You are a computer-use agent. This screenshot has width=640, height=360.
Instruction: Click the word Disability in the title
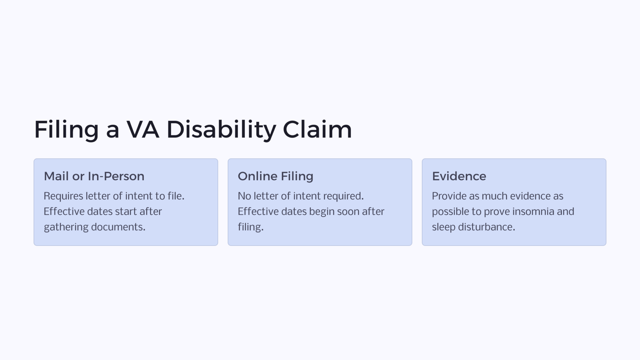222,129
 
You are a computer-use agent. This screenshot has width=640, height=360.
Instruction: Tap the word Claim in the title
317,129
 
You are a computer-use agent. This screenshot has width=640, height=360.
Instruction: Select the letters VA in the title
143,129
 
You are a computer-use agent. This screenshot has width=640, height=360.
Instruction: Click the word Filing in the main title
66,129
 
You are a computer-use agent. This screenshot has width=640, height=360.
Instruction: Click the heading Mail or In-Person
94,176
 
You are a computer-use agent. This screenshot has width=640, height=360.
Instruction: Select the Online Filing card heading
275,177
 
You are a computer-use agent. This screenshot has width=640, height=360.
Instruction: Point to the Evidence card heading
459,176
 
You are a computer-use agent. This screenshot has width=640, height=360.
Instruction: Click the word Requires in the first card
63,196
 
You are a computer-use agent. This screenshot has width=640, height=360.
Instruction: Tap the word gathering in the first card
66,227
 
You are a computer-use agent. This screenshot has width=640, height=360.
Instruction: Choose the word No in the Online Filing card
244,196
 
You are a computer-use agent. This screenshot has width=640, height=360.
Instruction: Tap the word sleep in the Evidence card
444,227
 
